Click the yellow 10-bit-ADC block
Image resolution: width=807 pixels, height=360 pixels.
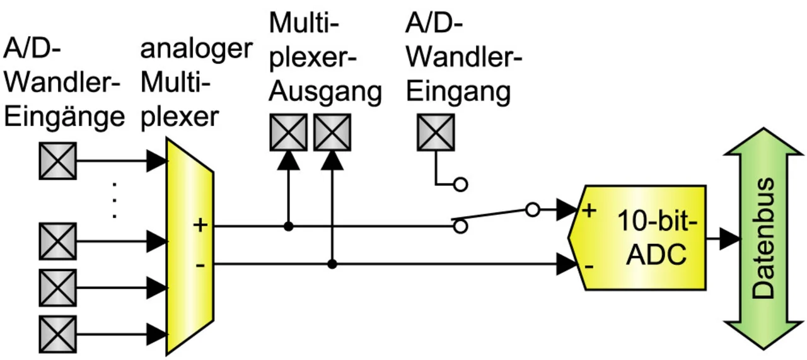coord(637,238)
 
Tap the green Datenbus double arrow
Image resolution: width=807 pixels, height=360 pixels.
coord(763,238)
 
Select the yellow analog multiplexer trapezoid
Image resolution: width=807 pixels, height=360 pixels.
coord(190,247)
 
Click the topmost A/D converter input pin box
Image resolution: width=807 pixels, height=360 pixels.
coord(57,161)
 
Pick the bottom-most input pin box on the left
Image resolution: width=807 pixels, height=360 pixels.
coord(57,334)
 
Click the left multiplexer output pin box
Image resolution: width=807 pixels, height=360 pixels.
coord(289,132)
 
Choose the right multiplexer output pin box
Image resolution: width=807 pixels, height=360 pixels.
coord(332,132)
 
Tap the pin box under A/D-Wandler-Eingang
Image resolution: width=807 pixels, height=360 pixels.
coord(436,132)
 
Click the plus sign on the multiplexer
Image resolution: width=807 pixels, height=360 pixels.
coord(200,226)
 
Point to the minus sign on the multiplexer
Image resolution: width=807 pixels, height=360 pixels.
coord(200,266)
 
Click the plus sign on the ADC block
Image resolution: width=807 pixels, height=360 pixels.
coord(589,211)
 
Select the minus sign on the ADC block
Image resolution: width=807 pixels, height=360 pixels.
coord(589,267)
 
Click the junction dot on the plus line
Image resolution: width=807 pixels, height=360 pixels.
coord(288,226)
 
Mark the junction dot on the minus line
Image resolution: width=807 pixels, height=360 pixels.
coord(332,264)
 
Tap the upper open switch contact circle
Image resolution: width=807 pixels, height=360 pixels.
coord(460,185)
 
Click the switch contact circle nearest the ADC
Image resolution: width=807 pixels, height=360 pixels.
coord(533,209)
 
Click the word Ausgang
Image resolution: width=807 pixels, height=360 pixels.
coord(325,93)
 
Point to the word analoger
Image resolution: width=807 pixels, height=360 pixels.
coord(196,50)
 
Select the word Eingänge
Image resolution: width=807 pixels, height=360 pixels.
coord(64,117)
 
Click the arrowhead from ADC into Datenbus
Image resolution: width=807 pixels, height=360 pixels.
coord(730,238)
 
